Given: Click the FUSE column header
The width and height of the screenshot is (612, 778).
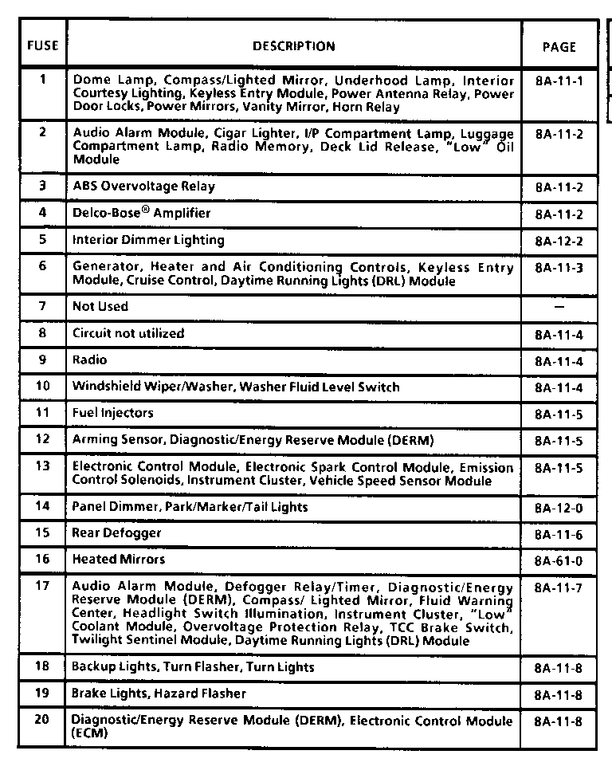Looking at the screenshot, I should point(42,45).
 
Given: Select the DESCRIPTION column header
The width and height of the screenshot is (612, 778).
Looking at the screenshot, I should point(293,46).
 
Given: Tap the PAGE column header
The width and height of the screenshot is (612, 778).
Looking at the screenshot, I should point(559,47).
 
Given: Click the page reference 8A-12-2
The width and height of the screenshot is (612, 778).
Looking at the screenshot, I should point(559,242).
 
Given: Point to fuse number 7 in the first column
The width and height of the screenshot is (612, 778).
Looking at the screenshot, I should point(42,306).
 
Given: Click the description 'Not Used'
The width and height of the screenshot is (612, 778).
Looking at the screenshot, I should point(100,306).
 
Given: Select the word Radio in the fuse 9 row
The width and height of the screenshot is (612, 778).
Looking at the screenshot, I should point(89,360).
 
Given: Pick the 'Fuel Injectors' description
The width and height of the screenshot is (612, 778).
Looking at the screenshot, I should point(112,413).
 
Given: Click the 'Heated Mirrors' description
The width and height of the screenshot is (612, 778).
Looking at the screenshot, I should point(119,560).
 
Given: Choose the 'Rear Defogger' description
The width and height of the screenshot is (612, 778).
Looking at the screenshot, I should point(116,532).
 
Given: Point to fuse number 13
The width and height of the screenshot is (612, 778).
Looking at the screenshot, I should point(42,466).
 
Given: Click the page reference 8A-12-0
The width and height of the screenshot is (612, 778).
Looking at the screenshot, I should point(559,508).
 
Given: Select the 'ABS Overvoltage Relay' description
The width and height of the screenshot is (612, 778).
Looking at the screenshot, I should point(143,187).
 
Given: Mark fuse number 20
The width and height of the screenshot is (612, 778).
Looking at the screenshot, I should point(42,721).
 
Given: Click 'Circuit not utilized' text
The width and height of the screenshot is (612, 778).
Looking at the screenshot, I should point(127,333).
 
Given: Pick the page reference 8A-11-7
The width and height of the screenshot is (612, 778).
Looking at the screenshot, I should point(559,588).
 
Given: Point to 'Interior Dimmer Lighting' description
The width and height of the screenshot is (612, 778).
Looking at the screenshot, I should point(148,240).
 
